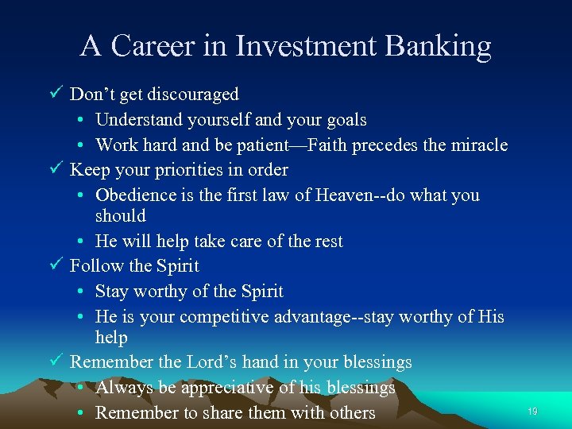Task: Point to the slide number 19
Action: pos(532,412)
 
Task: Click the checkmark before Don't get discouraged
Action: pos(56,94)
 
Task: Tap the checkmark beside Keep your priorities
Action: pos(56,170)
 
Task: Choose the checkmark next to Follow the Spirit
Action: pos(56,265)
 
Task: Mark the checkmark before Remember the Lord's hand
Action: pos(56,362)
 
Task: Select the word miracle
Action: pos(479,145)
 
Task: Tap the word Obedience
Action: pos(133,195)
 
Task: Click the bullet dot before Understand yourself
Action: pos(83,121)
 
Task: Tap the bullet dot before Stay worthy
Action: pos(83,292)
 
